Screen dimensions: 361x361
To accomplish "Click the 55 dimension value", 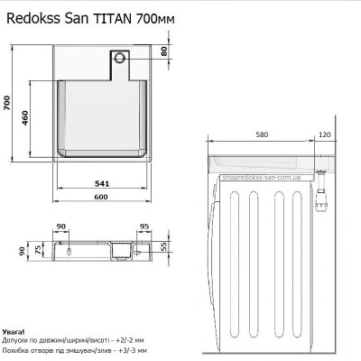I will tap(165, 246).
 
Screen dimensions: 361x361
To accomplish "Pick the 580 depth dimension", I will tap(261, 135).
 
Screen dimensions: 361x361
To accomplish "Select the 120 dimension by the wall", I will tap(324, 135).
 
